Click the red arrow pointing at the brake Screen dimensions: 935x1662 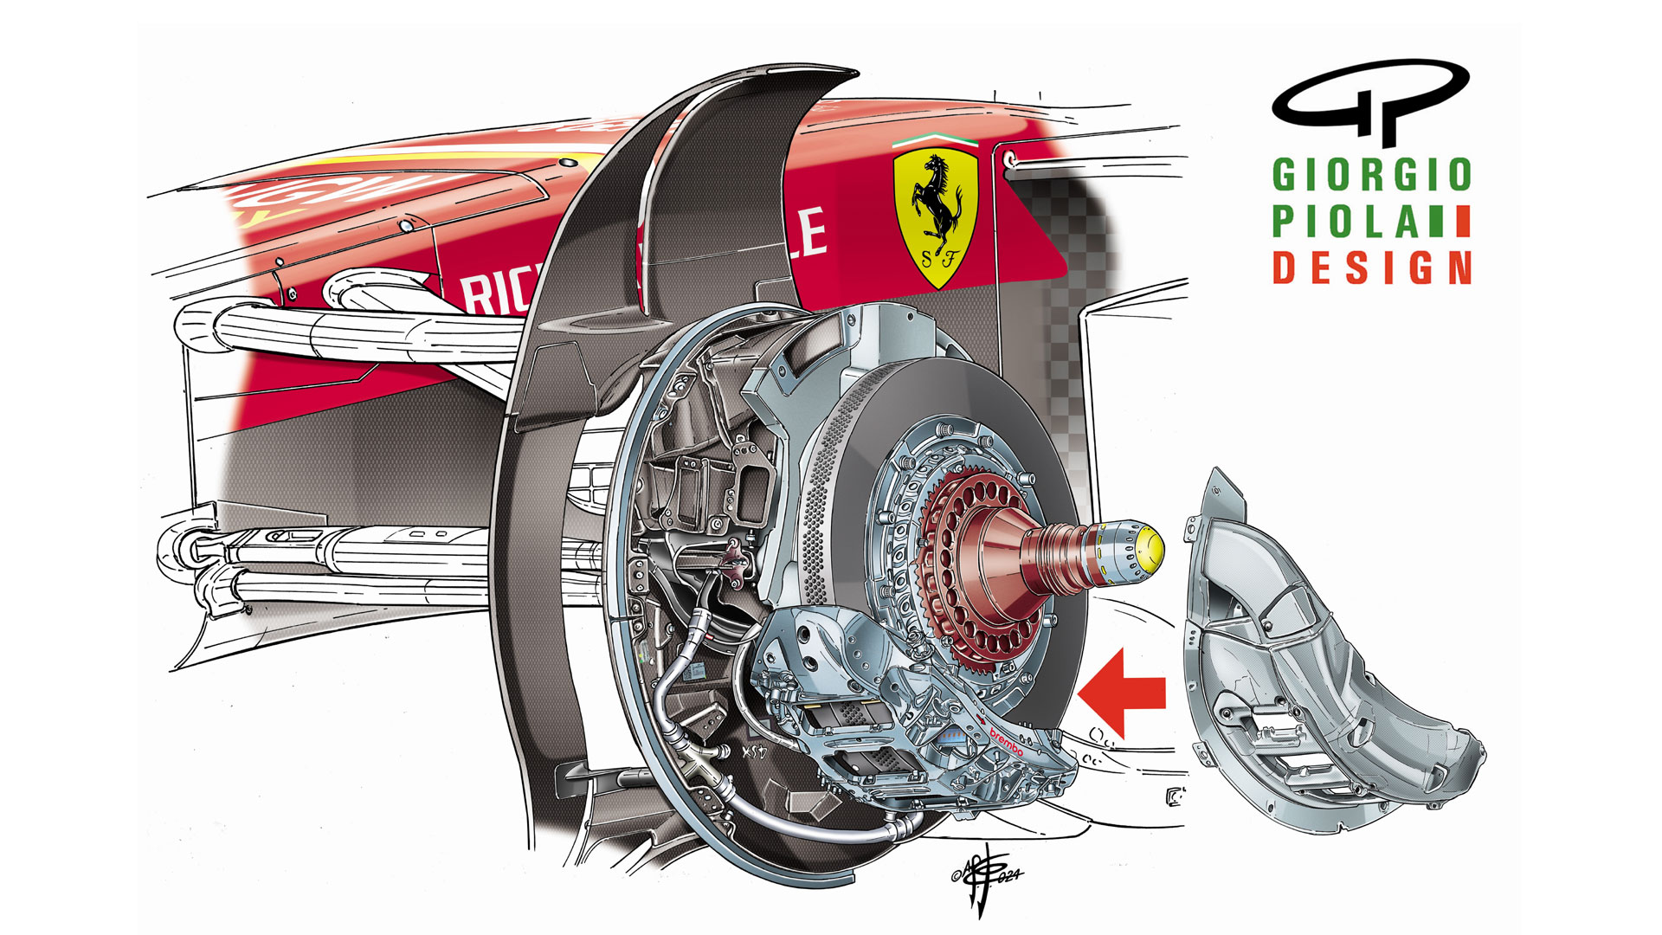pyautogui.click(x=1124, y=693)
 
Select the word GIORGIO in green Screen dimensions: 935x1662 pyautogui.click(x=1371, y=175)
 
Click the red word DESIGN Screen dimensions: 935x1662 pyautogui.click(x=1371, y=268)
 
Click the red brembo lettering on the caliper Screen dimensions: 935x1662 pyautogui.click(x=1006, y=741)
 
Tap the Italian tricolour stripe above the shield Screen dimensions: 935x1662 pyautogui.click(x=935, y=139)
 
